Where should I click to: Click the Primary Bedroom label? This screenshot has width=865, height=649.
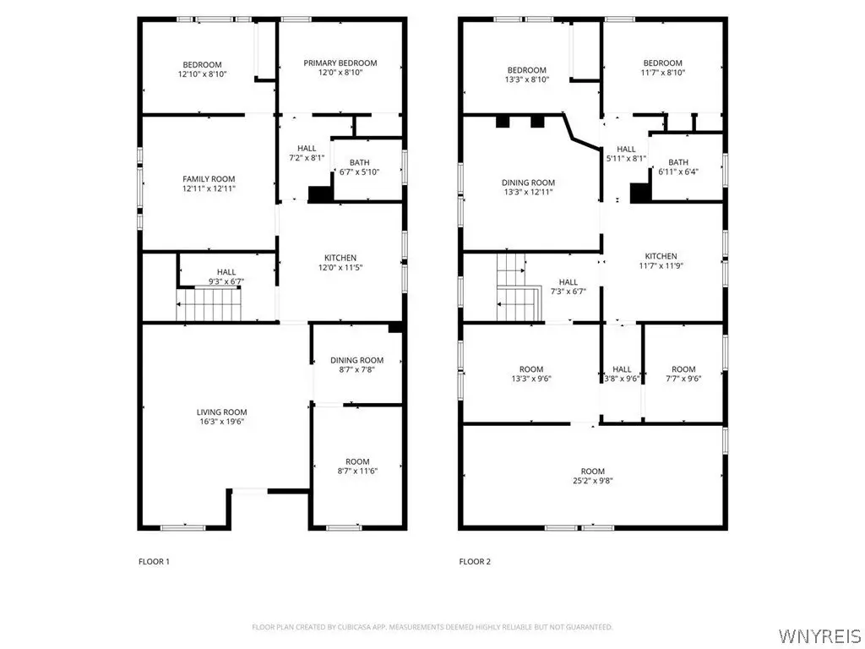340,63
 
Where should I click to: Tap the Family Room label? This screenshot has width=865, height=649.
209,179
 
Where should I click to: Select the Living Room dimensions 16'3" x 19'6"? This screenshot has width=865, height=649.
222,422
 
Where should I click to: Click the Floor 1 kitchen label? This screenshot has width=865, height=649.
340,258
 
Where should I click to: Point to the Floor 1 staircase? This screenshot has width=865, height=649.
209,304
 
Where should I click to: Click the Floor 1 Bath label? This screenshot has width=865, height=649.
360,162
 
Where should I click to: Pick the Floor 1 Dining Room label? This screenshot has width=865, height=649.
357,360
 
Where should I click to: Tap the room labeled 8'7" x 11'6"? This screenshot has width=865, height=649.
357,466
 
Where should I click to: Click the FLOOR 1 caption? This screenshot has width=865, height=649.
154,562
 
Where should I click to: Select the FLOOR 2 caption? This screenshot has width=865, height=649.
475,562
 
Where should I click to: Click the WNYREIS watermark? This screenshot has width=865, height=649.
819,635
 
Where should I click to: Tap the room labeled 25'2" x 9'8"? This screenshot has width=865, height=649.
593,476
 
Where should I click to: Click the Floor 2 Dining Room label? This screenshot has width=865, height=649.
529,183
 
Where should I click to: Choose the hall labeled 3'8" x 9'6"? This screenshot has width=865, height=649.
622,374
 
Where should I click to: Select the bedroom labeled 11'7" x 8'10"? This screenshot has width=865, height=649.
662,68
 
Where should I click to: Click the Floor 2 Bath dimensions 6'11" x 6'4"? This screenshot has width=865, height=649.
678,172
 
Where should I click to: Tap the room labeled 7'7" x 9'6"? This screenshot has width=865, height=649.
683,374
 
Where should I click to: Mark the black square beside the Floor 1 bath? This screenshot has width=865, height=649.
320,194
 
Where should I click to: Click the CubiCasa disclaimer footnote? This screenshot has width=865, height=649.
432,628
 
